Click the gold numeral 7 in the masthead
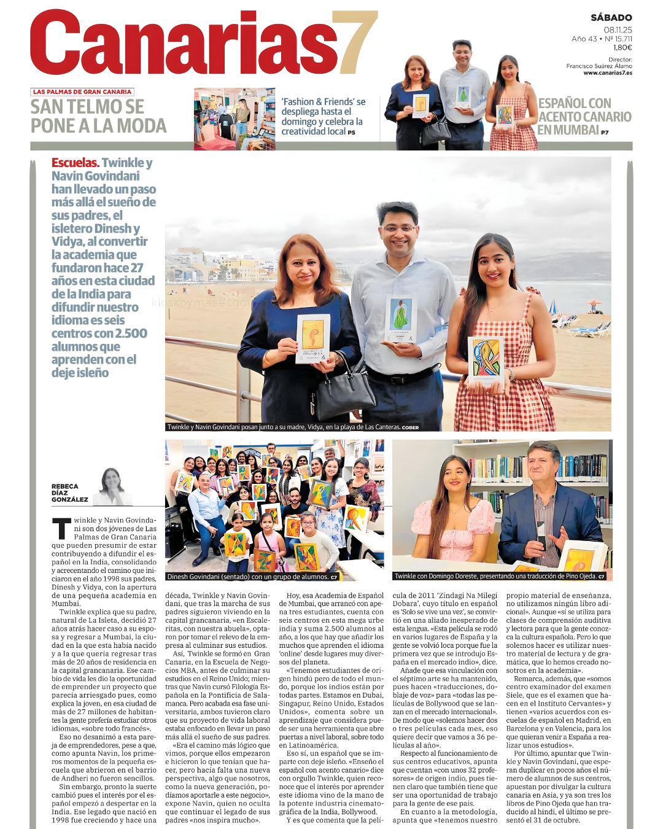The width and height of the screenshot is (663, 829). point(354,43)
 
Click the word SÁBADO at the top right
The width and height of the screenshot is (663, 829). point(611,18)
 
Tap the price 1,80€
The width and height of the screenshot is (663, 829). point(622,47)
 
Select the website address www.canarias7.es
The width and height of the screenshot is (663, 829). point(607,73)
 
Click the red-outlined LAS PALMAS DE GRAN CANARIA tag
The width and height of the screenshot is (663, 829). point(82,91)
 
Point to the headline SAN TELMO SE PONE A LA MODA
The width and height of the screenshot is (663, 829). point(98,116)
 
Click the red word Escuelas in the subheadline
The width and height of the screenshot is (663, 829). point(75,163)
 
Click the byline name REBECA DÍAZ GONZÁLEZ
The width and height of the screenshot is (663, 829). point(69,493)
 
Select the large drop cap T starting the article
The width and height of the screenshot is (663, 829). point(61,529)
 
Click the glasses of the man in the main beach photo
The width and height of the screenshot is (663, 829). point(398,228)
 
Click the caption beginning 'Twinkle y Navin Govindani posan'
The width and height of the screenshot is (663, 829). point(293,427)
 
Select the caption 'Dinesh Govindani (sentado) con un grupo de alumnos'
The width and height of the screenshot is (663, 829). point(252,577)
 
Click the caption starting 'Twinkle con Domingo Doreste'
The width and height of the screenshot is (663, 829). point(500,576)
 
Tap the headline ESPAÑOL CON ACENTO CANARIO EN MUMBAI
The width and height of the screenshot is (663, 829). point(583,117)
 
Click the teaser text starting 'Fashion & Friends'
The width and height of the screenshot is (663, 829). point(323,116)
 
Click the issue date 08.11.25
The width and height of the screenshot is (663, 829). point(618,29)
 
